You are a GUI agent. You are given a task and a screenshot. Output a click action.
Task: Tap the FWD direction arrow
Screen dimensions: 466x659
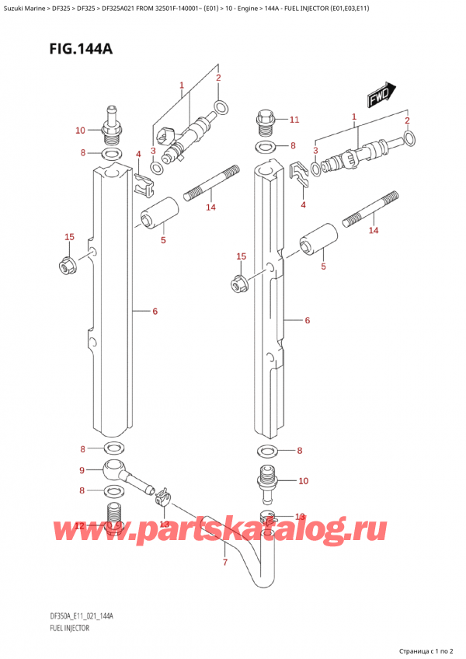381,96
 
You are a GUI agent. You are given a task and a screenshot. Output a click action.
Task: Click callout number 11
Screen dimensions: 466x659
294,120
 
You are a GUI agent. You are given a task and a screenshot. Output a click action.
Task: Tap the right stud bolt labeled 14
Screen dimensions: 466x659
375,210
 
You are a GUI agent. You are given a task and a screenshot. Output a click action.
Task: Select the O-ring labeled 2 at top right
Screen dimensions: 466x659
409,140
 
